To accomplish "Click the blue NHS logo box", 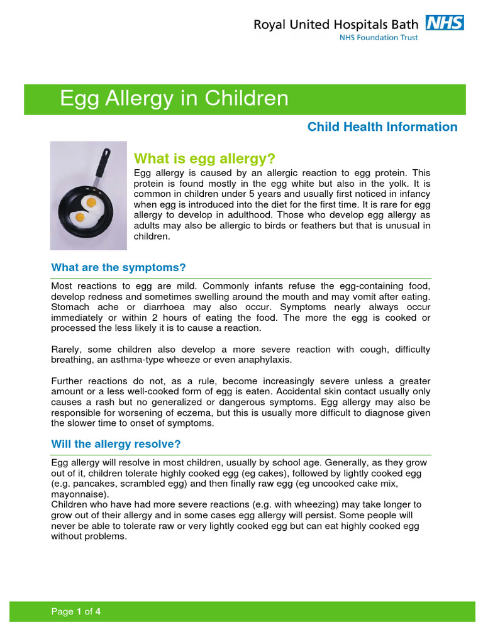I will pos(445,23).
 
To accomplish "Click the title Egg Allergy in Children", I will pos(174,99).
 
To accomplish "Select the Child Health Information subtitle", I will pos(382,127).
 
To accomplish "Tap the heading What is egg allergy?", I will pos(205,157).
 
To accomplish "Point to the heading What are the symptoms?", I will pos(118,267).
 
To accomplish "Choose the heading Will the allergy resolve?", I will pos(116,444).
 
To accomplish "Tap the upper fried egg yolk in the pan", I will pos(91,203).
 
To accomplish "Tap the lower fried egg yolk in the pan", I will pos(80,218).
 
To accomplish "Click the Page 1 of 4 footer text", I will pos(76,612).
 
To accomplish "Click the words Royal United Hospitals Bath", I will pos(335,25).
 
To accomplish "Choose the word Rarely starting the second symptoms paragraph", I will pos(67,349).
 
